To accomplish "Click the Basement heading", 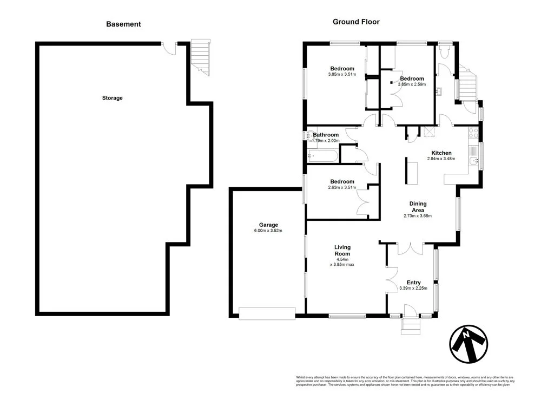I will [x=123, y=24].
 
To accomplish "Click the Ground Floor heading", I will [x=355, y=22].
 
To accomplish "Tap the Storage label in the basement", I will [x=113, y=98].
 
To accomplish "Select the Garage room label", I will [x=268, y=225].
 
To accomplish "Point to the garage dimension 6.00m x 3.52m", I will [x=268, y=231].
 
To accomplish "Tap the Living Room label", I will [x=342, y=250].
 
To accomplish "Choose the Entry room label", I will [x=413, y=282].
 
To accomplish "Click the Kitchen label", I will [x=441, y=153].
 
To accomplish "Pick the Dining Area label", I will [x=418, y=207].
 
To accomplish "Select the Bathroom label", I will [x=326, y=135].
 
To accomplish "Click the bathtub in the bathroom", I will [x=322, y=156].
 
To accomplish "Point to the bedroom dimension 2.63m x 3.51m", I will [x=342, y=188].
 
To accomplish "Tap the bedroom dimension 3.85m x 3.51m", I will [x=342, y=74].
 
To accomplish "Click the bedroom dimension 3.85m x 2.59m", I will [x=412, y=84].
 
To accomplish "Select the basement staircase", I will [x=200, y=57].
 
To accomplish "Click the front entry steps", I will [x=411, y=325].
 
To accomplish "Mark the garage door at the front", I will [x=267, y=313].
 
